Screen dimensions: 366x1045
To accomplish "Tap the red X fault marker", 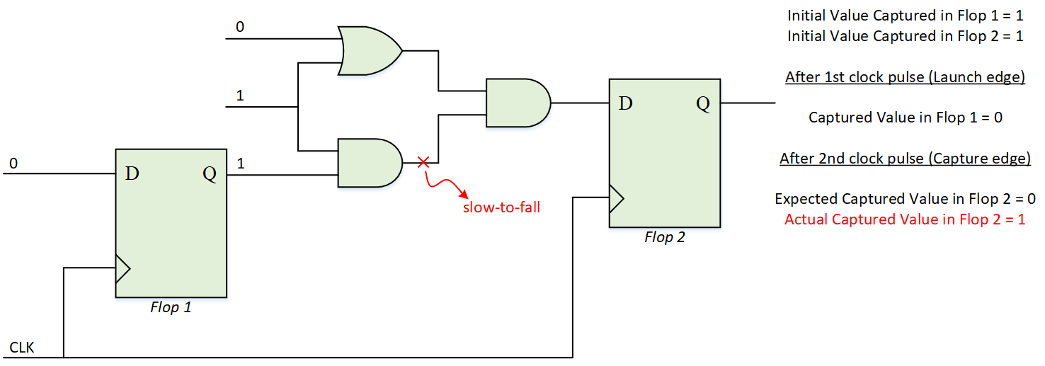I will [x=423, y=163].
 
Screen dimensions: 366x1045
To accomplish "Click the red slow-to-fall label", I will [x=501, y=207].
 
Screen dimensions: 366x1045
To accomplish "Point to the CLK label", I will [x=21, y=348].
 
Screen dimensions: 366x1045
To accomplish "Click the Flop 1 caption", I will [x=171, y=307].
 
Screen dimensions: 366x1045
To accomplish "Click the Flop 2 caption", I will [x=664, y=237].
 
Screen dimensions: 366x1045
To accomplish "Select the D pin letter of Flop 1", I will [x=132, y=173].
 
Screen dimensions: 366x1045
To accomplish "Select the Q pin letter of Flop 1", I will [x=210, y=173].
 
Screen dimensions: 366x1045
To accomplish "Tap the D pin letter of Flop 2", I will [x=625, y=104].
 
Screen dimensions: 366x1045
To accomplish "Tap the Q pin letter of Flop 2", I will [x=702, y=104].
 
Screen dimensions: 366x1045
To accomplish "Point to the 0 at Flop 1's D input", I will [x=13, y=164].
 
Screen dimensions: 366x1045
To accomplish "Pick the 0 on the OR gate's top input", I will [x=240, y=28].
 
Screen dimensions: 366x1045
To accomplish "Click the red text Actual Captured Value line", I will [x=904, y=219].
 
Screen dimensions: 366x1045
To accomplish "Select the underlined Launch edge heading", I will [x=904, y=77].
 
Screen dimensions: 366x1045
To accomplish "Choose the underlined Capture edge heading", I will [x=904, y=159].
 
